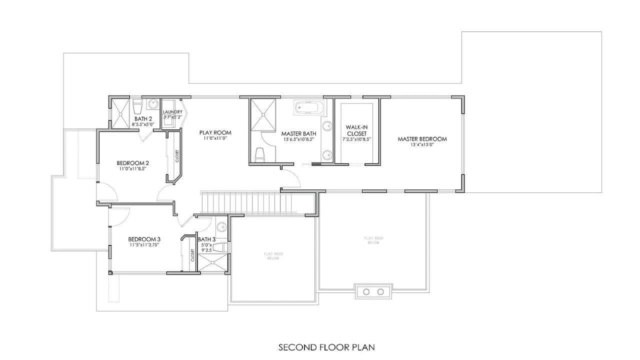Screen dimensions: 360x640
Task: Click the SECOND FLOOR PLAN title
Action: (x=326, y=347)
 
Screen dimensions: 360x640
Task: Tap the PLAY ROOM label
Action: (x=215, y=132)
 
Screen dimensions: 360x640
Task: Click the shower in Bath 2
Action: (x=119, y=113)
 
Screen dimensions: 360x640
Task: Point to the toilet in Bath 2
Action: (x=138, y=107)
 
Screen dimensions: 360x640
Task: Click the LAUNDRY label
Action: (x=172, y=111)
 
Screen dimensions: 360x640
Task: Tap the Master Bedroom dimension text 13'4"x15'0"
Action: (x=422, y=145)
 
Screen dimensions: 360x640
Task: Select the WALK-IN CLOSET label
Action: (x=356, y=130)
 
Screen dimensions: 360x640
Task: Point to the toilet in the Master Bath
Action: (x=259, y=155)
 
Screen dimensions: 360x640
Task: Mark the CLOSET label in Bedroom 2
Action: (x=177, y=155)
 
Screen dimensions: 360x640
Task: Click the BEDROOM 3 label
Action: (x=144, y=239)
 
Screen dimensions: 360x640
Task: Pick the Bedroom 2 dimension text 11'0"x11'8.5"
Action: (x=133, y=169)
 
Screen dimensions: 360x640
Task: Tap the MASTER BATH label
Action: (x=298, y=133)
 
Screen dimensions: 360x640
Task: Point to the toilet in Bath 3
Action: (x=223, y=247)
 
